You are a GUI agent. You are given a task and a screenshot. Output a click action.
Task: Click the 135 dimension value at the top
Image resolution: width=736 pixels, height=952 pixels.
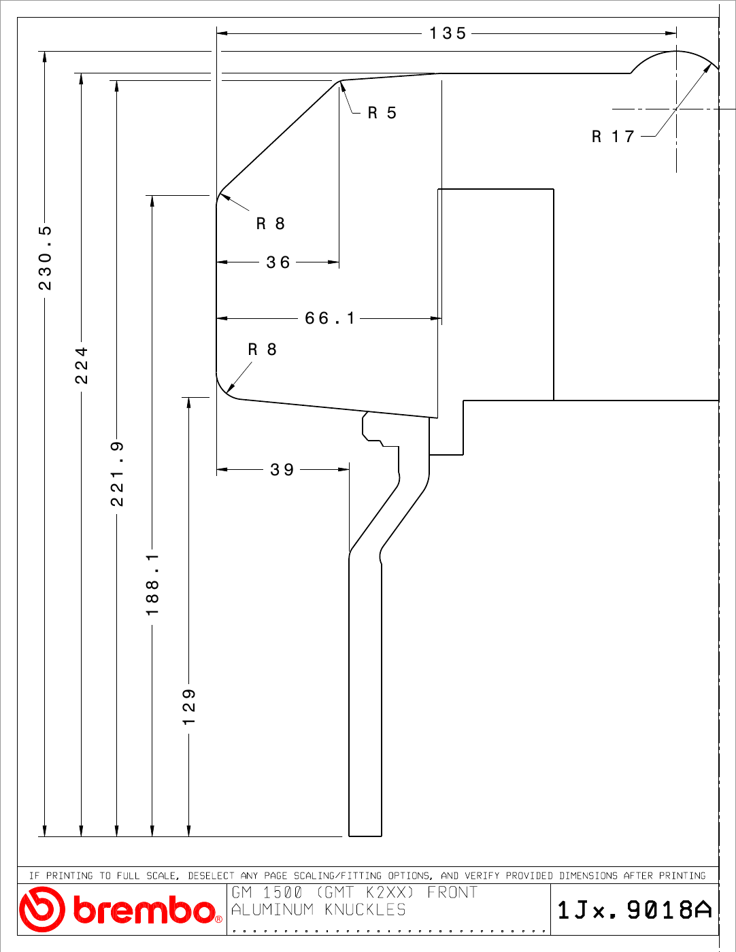pyautogui.click(x=448, y=33)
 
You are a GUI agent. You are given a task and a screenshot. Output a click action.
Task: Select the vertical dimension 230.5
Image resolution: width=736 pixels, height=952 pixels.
pyautogui.click(x=45, y=258)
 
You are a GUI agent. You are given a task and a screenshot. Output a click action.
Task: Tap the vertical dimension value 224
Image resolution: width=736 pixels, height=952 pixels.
pyautogui.click(x=82, y=365)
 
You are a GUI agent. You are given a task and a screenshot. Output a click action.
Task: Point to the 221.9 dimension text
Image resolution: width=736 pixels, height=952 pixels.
pyautogui.click(x=117, y=474)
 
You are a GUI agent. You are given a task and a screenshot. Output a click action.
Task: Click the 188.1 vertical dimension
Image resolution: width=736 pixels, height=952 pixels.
pyautogui.click(x=152, y=584)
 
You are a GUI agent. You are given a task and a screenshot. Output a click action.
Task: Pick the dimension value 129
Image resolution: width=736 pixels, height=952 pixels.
pyautogui.click(x=189, y=707)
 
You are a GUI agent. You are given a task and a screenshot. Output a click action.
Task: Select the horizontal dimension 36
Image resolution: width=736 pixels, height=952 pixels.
pyautogui.click(x=278, y=262)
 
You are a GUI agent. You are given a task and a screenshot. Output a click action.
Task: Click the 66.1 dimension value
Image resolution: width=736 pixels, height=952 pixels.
pyautogui.click(x=329, y=318)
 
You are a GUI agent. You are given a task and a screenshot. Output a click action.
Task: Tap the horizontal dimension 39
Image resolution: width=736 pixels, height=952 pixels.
pyautogui.click(x=282, y=470)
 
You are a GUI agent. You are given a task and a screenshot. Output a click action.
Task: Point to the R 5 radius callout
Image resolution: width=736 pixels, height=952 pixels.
pyautogui.click(x=382, y=113)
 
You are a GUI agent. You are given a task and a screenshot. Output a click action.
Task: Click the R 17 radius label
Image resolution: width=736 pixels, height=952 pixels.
pyautogui.click(x=613, y=136)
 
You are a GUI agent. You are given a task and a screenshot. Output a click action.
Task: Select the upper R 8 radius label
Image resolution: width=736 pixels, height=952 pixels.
pyautogui.click(x=270, y=224)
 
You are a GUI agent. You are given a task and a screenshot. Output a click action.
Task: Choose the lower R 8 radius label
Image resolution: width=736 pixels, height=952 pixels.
pyautogui.click(x=262, y=349)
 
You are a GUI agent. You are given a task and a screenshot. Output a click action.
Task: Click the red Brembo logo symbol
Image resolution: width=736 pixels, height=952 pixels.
pyautogui.click(x=41, y=909)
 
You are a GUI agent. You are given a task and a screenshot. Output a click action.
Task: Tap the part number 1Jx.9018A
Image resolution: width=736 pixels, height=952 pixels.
pyautogui.click(x=635, y=910)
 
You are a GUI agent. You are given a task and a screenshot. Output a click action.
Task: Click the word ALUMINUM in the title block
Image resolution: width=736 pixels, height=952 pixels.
pyautogui.click(x=273, y=910)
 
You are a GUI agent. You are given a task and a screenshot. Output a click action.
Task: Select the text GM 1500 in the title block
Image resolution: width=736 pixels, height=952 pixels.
pyautogui.click(x=267, y=892)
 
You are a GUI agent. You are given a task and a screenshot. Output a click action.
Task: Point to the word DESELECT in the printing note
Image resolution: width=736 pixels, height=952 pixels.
pyautogui.click(x=211, y=876)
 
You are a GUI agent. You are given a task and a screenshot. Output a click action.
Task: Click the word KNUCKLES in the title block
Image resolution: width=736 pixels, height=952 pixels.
pyautogui.click(x=365, y=910)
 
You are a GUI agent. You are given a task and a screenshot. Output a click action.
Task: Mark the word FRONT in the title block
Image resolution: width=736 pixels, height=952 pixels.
pyautogui.click(x=452, y=892)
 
